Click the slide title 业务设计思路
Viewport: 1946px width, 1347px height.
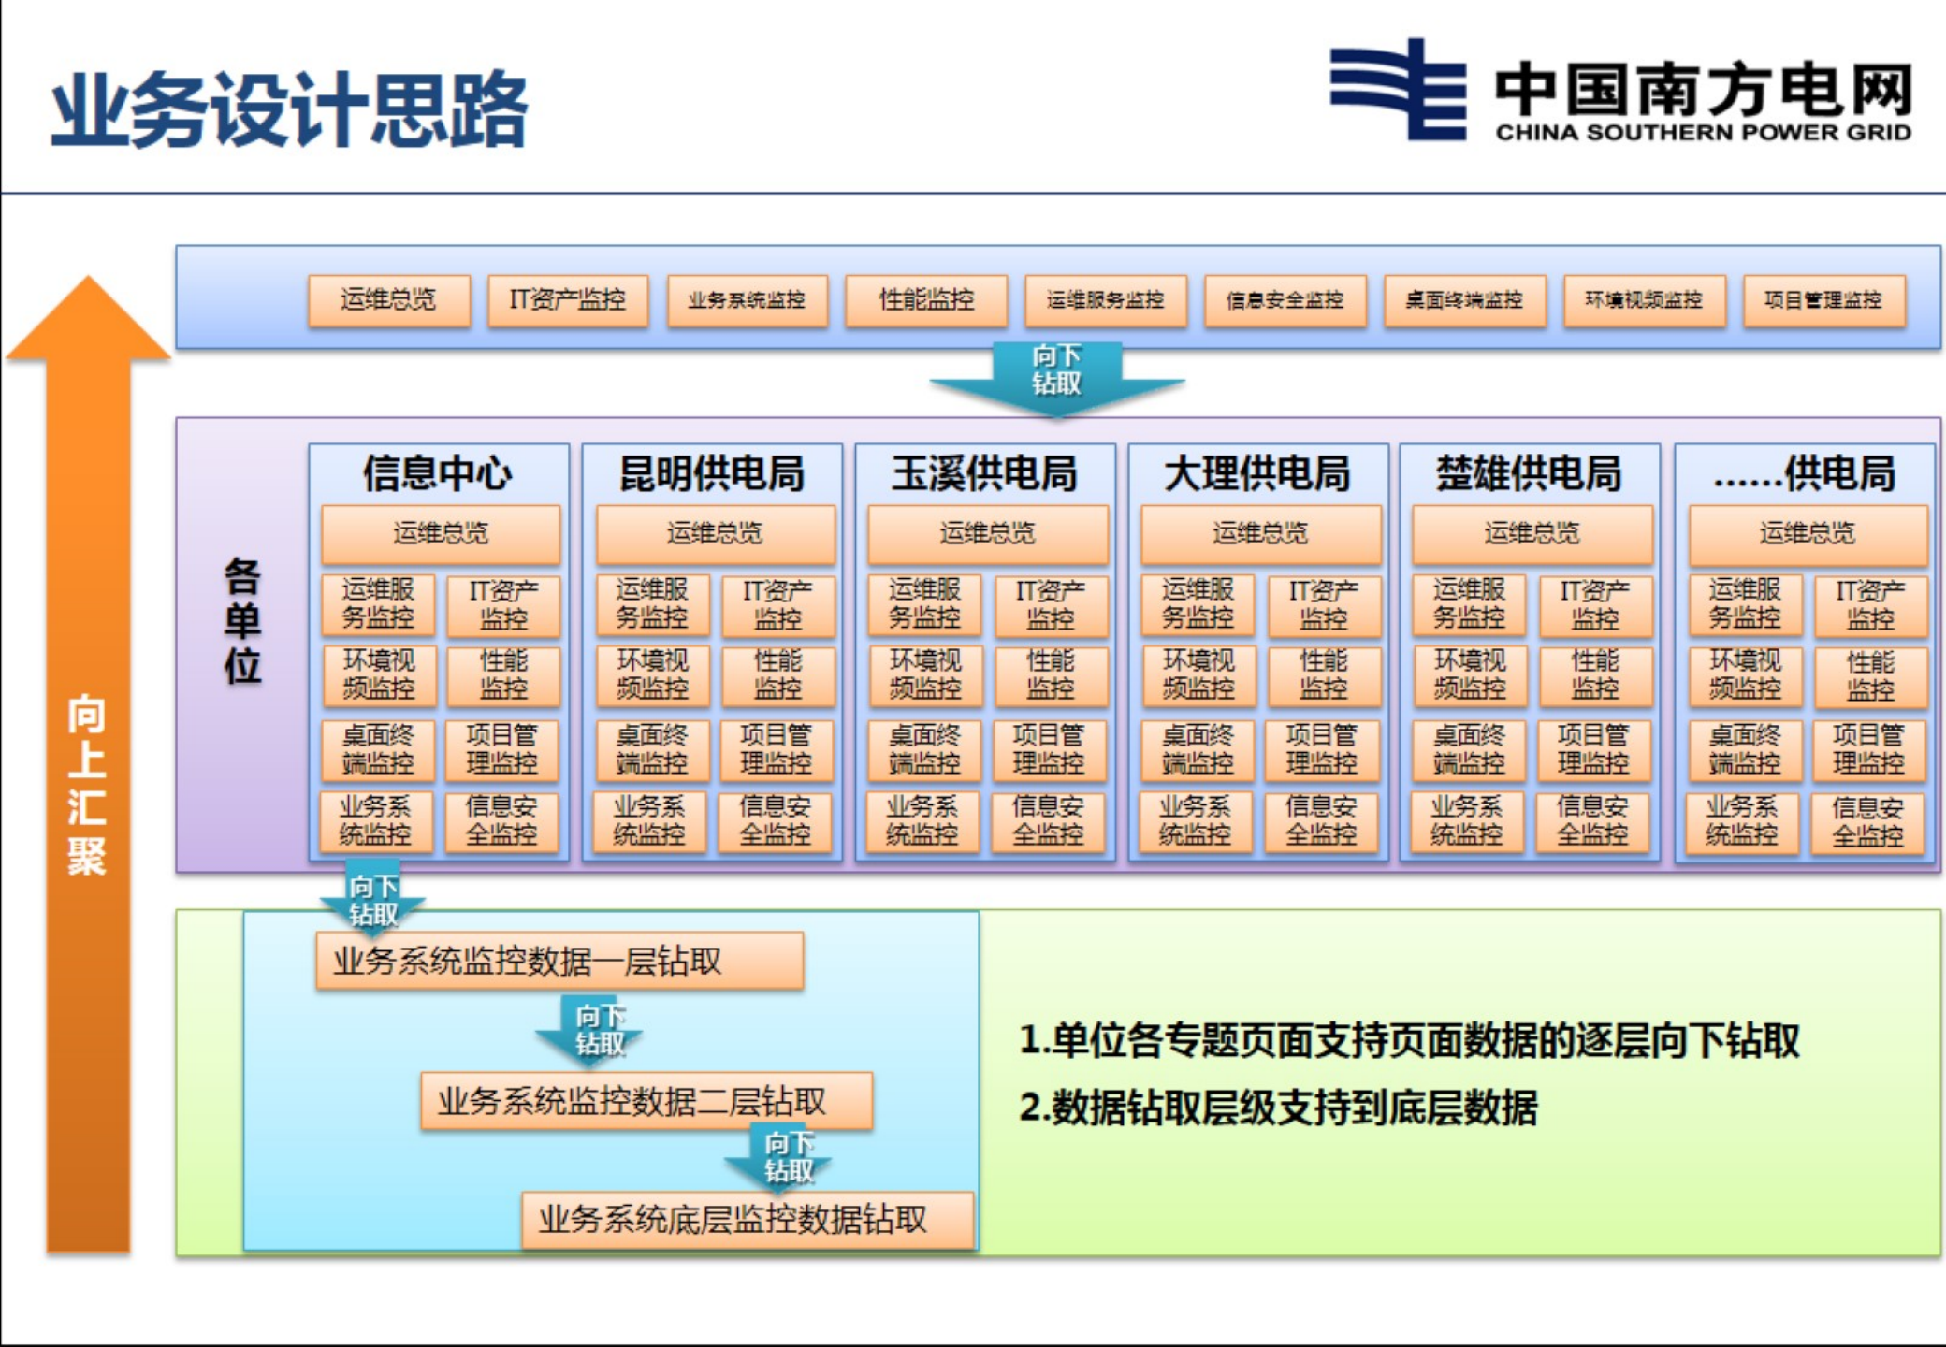coord(290,109)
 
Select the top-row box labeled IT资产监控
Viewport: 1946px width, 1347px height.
coord(568,300)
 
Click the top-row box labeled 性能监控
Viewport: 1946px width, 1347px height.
coord(926,300)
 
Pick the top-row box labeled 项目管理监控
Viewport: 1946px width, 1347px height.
coord(1823,300)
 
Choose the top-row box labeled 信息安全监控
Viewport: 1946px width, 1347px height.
coord(1285,300)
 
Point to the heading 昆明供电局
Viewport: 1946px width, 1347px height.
coord(712,473)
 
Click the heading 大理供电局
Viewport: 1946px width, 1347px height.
coord(1257,473)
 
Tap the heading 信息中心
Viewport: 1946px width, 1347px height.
coord(438,473)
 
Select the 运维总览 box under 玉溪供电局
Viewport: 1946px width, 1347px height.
coord(987,534)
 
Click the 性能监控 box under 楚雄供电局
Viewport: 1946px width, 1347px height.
coord(1595,675)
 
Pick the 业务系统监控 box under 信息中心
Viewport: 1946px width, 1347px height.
coord(375,820)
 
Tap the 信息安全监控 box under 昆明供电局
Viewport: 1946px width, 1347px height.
coord(775,820)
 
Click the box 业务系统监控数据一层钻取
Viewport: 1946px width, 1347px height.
coord(559,961)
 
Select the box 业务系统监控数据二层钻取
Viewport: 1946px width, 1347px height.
coord(646,1102)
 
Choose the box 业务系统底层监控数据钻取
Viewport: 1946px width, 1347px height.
coord(747,1220)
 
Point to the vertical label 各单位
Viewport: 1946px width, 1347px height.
coord(242,621)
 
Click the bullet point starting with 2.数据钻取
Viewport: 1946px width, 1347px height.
coord(1278,1108)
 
